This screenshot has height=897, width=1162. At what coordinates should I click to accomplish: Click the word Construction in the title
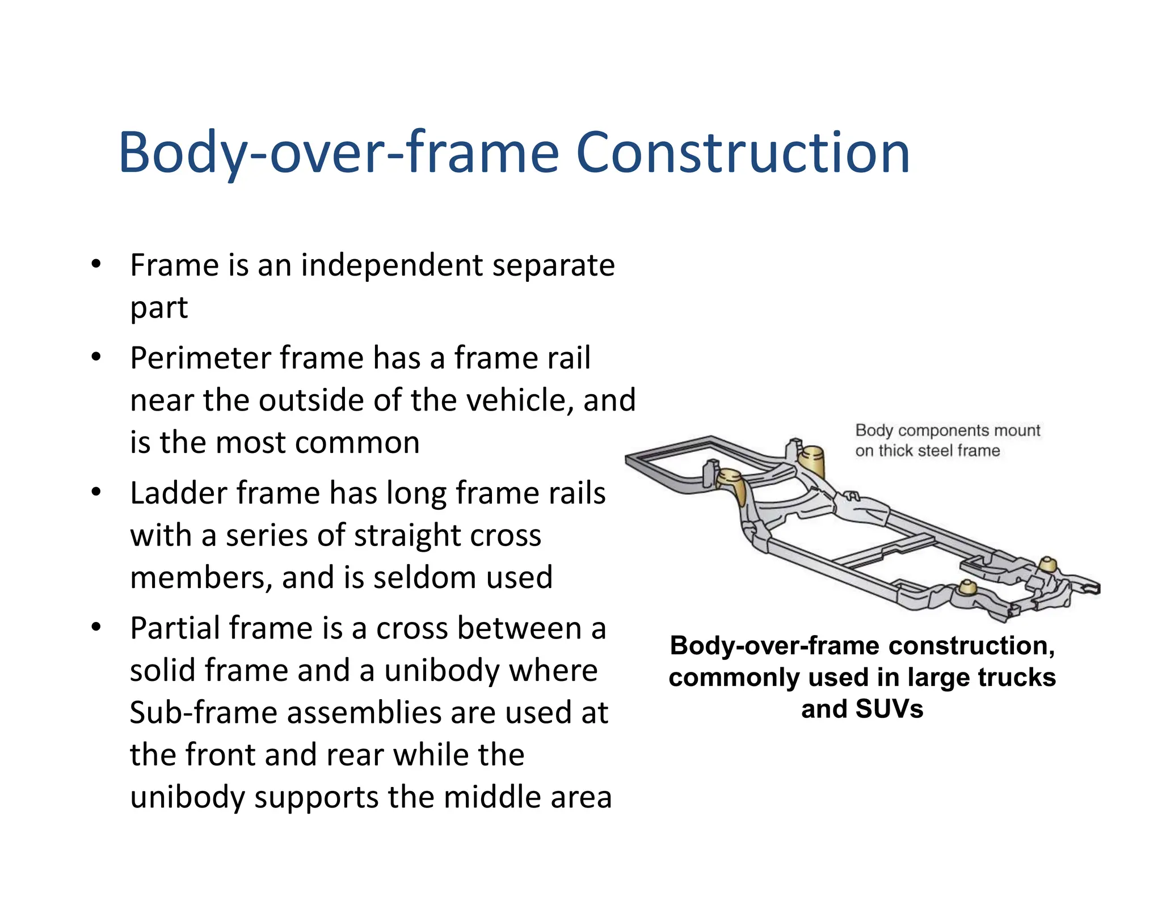tap(743, 153)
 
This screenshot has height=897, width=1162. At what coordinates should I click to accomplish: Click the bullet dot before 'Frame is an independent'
tap(96, 264)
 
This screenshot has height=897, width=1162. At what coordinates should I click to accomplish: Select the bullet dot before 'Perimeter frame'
tap(96, 357)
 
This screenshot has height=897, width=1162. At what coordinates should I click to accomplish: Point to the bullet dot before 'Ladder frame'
tap(96, 492)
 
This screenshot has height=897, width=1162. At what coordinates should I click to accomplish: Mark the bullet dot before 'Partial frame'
tap(96, 627)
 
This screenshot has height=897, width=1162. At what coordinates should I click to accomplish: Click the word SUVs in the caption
tap(889, 709)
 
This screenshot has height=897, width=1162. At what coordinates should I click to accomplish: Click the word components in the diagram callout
tap(941, 430)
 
